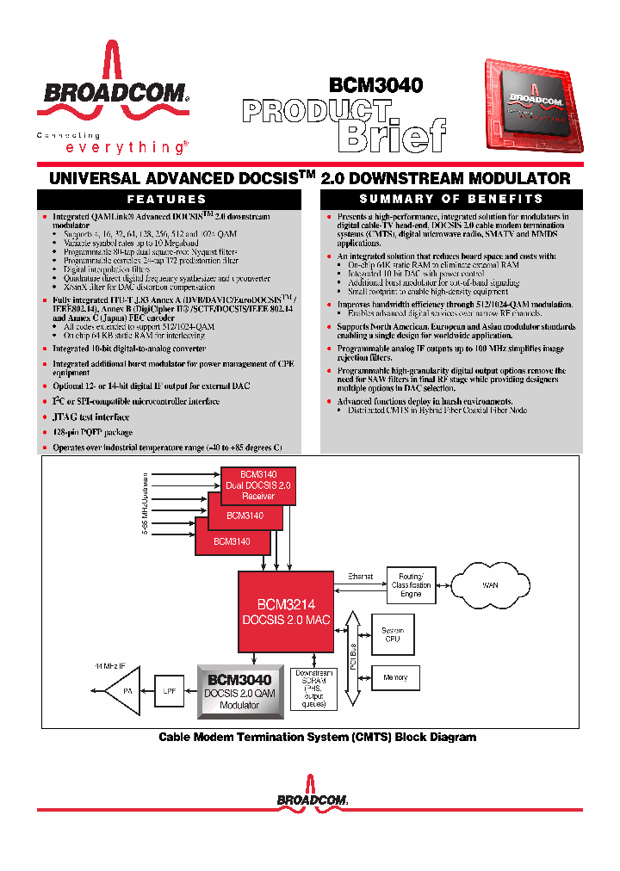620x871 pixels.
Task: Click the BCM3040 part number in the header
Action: pyautogui.click(x=375, y=85)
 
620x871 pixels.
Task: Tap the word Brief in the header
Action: pyautogui.click(x=392, y=136)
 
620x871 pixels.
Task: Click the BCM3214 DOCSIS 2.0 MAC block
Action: pyautogui.click(x=285, y=611)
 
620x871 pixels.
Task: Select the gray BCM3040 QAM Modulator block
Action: pyautogui.click(x=239, y=690)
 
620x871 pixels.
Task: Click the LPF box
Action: pyautogui.click(x=168, y=690)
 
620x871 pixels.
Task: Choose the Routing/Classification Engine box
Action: pyautogui.click(x=411, y=585)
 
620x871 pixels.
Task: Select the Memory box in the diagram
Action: pyautogui.click(x=395, y=678)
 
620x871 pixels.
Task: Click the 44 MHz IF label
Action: pyautogui.click(x=109, y=666)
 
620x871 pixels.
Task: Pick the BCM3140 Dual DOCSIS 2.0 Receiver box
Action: pyautogui.click(x=258, y=485)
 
